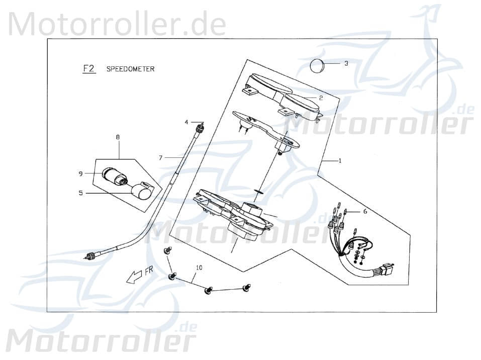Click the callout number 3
[346, 63]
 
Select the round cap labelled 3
[317, 66]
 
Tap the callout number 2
[321, 98]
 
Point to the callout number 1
[340, 161]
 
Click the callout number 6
[365, 212]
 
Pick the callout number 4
[186, 122]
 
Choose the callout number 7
[160, 158]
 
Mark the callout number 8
[118, 137]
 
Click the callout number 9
[80, 173]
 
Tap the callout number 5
[80, 192]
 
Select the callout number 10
[199, 268]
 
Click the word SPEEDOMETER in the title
[130, 69]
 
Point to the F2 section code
[88, 69]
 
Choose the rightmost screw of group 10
[246, 288]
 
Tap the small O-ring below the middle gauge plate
[259, 192]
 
